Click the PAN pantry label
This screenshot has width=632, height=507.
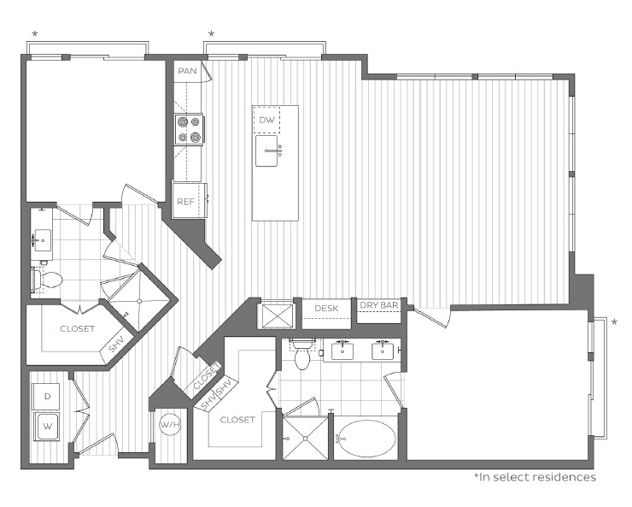pos(188,71)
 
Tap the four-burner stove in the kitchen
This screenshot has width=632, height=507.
pos(190,130)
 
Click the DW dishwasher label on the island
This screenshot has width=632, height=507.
pos(267,121)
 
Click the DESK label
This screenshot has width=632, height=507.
pos(327,308)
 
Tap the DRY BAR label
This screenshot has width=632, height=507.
pos(380,305)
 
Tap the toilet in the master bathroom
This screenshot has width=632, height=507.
pos(302,355)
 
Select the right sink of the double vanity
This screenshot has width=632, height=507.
pos(382,350)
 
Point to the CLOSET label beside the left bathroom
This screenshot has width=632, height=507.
pos(78,328)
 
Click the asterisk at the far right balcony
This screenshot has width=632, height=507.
pos(613,322)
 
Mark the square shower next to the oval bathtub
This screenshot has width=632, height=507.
pos(305,438)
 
